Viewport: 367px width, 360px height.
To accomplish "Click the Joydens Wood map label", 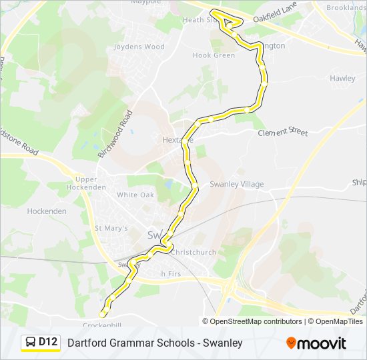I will pyautogui.click(x=139, y=47).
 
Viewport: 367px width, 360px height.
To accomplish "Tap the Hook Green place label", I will pyautogui.click(x=214, y=55).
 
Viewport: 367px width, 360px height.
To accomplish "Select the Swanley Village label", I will pyautogui.click(x=237, y=184).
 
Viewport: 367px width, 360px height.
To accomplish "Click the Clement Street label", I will pyautogui.click(x=283, y=133).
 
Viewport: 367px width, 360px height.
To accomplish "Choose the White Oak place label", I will pyautogui.click(x=135, y=195).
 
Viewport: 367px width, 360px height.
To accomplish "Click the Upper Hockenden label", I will pyautogui.click(x=86, y=183).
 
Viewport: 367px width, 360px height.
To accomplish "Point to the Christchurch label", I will pyautogui.click(x=194, y=252).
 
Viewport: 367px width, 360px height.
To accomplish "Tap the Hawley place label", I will pyautogui.click(x=342, y=78).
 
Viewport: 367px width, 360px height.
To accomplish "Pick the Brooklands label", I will pyautogui.click(x=346, y=7).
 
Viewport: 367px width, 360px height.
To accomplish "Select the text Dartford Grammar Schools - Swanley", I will pyautogui.click(x=154, y=343).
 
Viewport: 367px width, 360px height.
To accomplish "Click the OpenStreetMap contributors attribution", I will pyautogui.click(x=256, y=321).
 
